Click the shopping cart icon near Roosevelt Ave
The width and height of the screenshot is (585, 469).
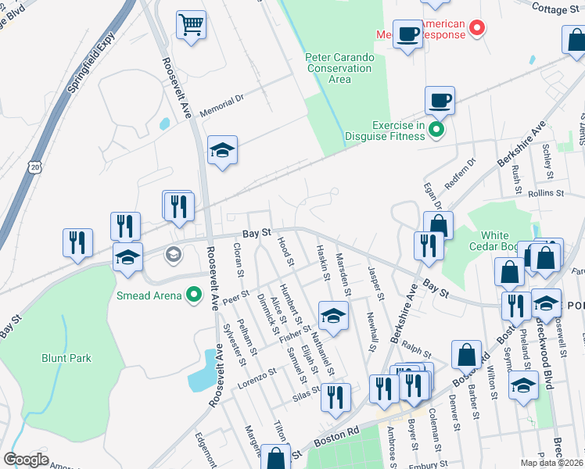click(191, 24)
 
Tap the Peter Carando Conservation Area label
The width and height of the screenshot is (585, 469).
click(340, 68)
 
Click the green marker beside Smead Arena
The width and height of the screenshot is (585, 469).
click(194, 295)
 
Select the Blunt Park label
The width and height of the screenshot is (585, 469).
click(66, 358)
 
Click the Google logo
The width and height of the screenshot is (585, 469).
click(26, 460)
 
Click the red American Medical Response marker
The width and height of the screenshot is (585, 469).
click(476, 30)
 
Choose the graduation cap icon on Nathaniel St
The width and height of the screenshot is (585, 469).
click(333, 316)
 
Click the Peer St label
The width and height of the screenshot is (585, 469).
click(235, 296)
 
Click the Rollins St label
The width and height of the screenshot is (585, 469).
click(546, 193)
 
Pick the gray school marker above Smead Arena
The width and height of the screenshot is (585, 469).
click(173, 252)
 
